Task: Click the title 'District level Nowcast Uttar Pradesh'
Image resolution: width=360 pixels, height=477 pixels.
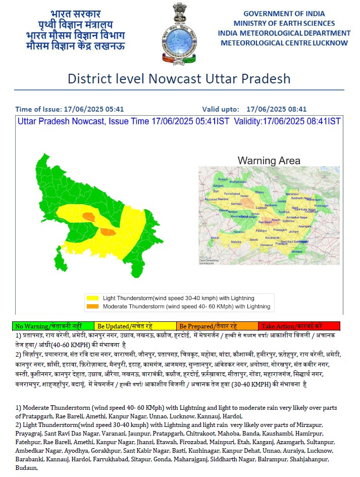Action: click(x=179, y=79)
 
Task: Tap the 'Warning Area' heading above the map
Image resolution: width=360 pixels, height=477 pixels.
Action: click(x=269, y=161)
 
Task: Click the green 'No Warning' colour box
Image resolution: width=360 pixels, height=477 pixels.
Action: click(x=54, y=326)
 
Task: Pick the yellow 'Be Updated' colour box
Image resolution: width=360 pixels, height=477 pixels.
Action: click(x=135, y=326)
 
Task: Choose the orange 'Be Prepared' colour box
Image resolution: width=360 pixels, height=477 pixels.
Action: click(x=217, y=326)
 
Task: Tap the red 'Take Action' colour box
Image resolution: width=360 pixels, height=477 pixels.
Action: click(x=299, y=326)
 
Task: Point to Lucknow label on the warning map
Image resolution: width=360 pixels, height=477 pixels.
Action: click(x=262, y=208)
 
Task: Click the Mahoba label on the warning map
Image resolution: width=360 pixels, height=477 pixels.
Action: click(x=236, y=243)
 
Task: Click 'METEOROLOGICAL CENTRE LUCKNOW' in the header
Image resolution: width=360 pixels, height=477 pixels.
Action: click(x=284, y=43)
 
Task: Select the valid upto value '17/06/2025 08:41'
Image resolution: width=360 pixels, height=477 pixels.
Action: click(x=277, y=109)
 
